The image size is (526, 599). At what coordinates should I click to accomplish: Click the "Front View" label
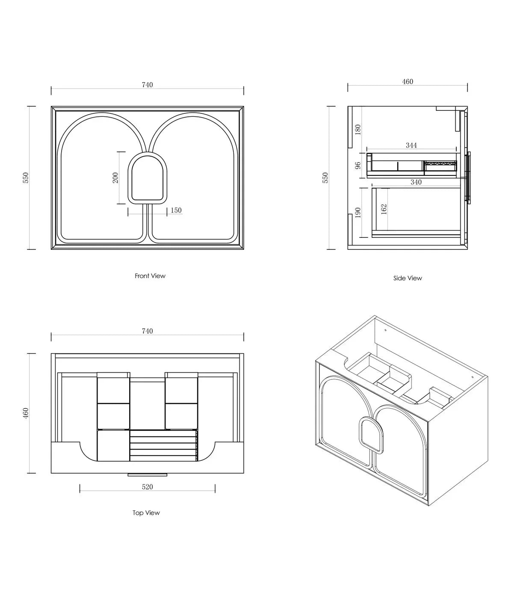[x=150, y=276]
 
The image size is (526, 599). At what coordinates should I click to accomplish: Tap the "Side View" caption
[x=408, y=278]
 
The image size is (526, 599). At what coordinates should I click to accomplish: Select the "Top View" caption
[x=146, y=513]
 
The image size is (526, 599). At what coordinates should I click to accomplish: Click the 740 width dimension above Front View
[x=147, y=85]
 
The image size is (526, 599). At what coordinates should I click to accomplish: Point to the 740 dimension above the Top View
[x=147, y=331]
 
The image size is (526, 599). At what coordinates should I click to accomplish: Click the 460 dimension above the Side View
[x=408, y=81]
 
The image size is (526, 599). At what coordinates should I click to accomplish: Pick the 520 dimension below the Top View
[x=147, y=487]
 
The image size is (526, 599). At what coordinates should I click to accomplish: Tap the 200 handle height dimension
[x=115, y=178]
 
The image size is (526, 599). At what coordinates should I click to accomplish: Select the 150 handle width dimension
[x=176, y=211]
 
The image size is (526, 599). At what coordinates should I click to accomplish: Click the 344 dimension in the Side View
[x=411, y=145]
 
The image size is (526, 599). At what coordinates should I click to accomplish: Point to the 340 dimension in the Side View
[x=416, y=182]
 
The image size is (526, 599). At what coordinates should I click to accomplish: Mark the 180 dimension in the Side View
[x=358, y=129]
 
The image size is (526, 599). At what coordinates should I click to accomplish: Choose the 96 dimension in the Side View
[x=358, y=165]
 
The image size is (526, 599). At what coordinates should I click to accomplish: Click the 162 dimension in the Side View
[x=384, y=209]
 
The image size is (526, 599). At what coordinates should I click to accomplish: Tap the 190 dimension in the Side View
[x=358, y=212]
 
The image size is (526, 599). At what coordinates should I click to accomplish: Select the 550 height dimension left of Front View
[x=26, y=178]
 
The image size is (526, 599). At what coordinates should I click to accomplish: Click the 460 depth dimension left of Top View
[x=26, y=413]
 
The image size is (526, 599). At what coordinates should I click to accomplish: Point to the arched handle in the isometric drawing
[x=371, y=435]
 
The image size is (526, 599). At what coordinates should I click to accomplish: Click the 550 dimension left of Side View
[x=325, y=178]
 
